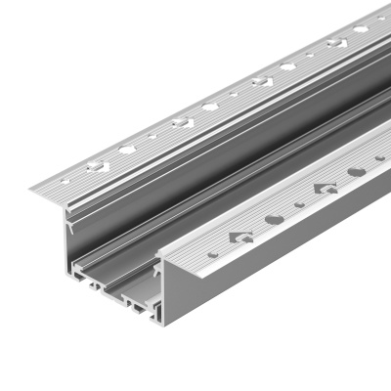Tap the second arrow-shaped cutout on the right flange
click(325, 186)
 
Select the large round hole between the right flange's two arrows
click(276, 218)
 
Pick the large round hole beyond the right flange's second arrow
click(357, 170)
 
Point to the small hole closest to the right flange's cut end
click(214, 254)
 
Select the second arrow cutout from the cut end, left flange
click(182, 122)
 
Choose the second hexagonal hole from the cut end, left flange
click(210, 107)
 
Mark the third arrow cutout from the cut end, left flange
click(262, 81)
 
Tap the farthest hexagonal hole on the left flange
click(361, 29)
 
